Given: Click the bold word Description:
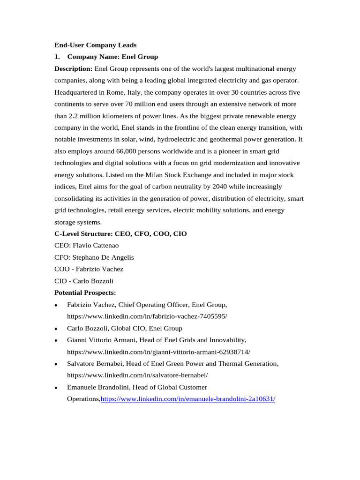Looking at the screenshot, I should click(x=73, y=68).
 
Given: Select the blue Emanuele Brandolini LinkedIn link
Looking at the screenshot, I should click(x=188, y=399).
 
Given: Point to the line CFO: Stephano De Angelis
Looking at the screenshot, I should click(x=94, y=257).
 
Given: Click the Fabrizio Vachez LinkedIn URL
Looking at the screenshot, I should click(x=147, y=316).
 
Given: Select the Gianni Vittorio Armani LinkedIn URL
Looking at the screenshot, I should click(x=158, y=352).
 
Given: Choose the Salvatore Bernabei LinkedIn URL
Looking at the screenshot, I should click(x=137, y=375).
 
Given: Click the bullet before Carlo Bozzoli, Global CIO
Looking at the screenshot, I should click(x=56, y=329).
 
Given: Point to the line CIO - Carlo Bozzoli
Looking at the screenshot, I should click(x=84, y=281).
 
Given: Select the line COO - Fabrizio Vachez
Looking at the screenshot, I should click(x=89, y=269).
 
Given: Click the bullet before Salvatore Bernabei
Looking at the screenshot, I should click(x=56, y=364).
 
